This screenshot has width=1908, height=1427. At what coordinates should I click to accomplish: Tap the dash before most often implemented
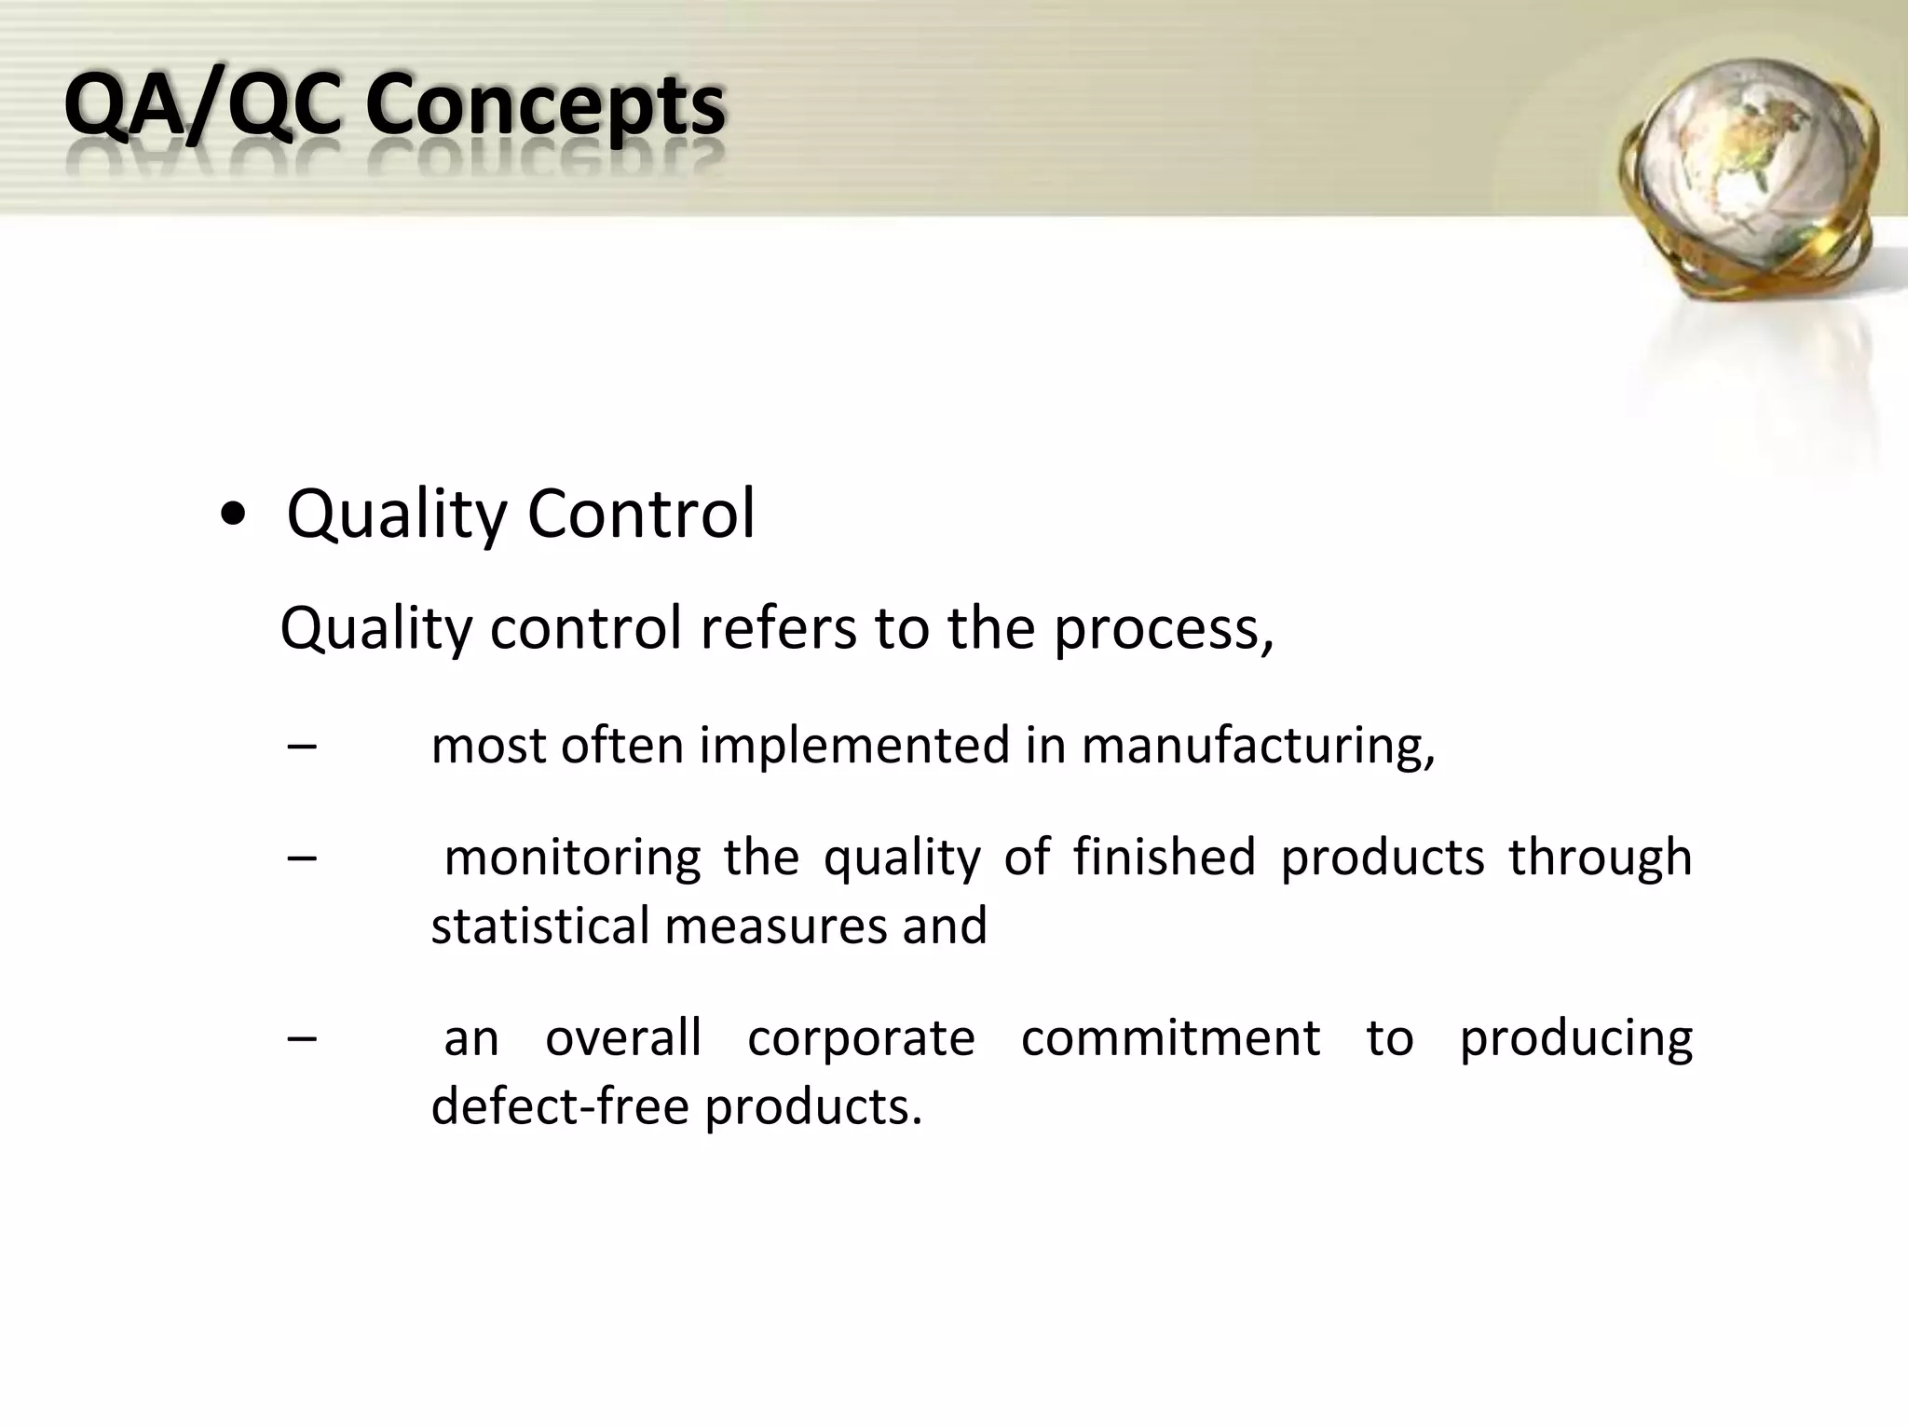point(302,746)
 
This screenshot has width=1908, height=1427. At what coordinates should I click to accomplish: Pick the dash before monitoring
point(302,857)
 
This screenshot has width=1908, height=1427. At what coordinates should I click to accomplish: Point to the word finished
point(1164,857)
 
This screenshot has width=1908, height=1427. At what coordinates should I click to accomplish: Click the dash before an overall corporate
point(302,1037)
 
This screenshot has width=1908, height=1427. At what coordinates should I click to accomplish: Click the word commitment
point(1170,1037)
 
